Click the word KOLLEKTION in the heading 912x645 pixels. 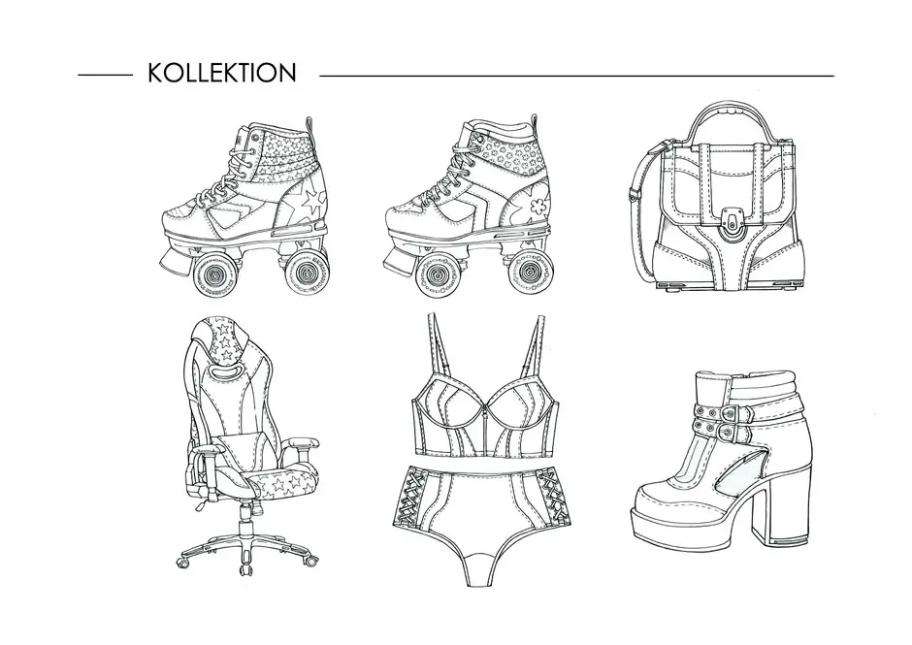click(222, 74)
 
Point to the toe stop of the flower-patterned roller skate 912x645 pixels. click(402, 259)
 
